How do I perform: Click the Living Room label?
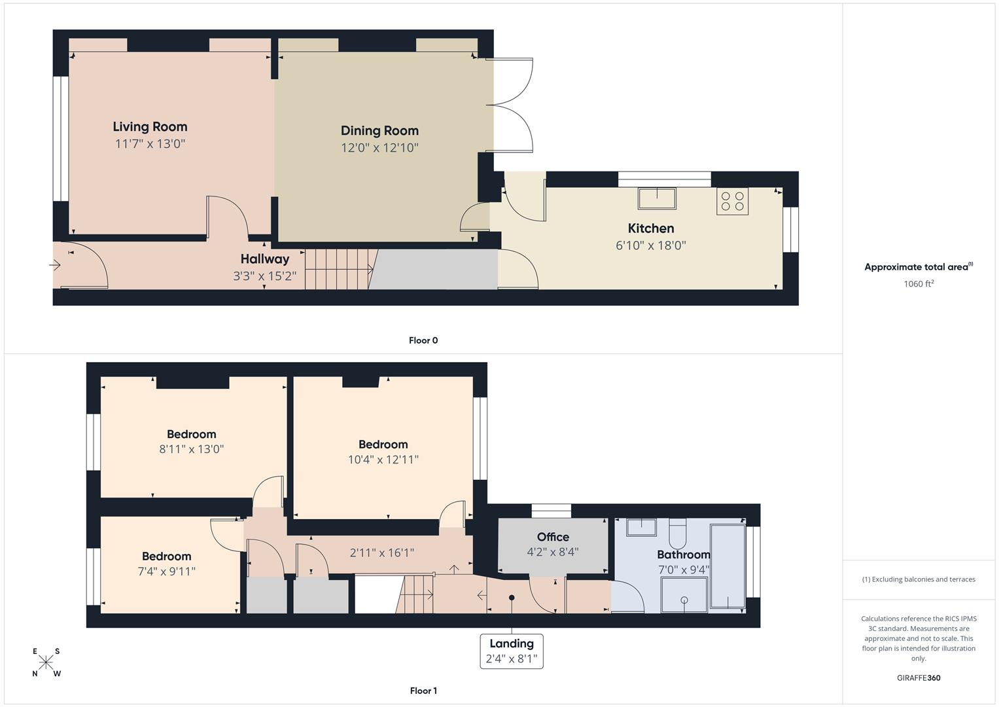tap(150, 127)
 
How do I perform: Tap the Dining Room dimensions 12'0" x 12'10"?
tap(379, 148)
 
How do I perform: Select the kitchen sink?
tap(657, 198)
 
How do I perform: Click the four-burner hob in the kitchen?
tap(732, 201)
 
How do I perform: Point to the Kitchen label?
tap(650, 228)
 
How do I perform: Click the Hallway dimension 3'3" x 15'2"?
tap(264, 276)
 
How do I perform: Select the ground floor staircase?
tap(338, 269)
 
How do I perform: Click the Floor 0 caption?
tap(423, 340)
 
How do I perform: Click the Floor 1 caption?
tap(423, 691)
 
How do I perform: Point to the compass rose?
tap(46, 662)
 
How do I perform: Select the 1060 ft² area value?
tap(918, 284)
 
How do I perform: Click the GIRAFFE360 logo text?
tap(918, 678)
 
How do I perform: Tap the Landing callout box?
tap(512, 651)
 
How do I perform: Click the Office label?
tap(553, 537)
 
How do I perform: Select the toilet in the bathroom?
tap(678, 534)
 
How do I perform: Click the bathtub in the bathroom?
tap(727, 566)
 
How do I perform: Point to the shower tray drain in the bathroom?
tap(684, 600)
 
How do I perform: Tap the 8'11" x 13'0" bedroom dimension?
tap(191, 449)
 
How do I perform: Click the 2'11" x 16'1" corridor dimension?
tap(381, 553)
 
